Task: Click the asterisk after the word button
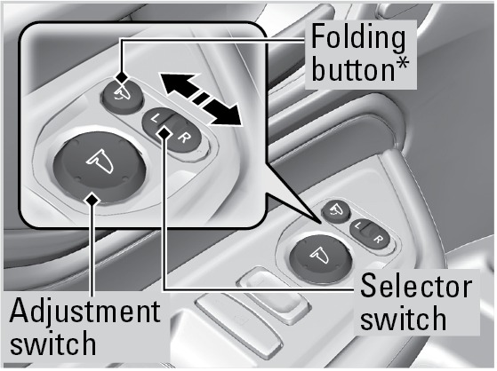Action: click(x=402, y=64)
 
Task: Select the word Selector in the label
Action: click(x=416, y=286)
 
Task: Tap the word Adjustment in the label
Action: click(x=85, y=312)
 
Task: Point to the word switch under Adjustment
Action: click(x=53, y=343)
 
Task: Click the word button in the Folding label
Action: click(x=353, y=69)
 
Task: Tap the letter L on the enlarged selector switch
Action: click(x=155, y=119)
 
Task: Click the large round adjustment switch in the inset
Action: click(x=100, y=167)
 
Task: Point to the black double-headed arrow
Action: click(x=200, y=99)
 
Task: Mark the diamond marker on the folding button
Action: click(x=122, y=77)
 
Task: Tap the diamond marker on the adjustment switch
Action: click(x=92, y=200)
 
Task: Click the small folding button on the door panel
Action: click(x=336, y=210)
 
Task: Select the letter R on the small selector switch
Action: click(x=378, y=239)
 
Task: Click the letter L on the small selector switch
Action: click(x=358, y=225)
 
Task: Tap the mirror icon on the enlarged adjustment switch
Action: click(x=100, y=162)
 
